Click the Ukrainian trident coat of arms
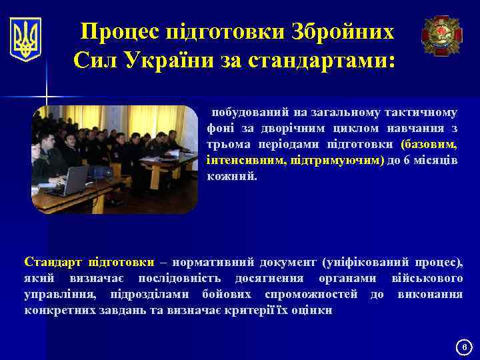(x=26, y=39)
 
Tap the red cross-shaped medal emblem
(x=441, y=35)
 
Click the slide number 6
(x=466, y=347)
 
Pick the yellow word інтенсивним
(x=237, y=161)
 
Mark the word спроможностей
(x=311, y=294)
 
